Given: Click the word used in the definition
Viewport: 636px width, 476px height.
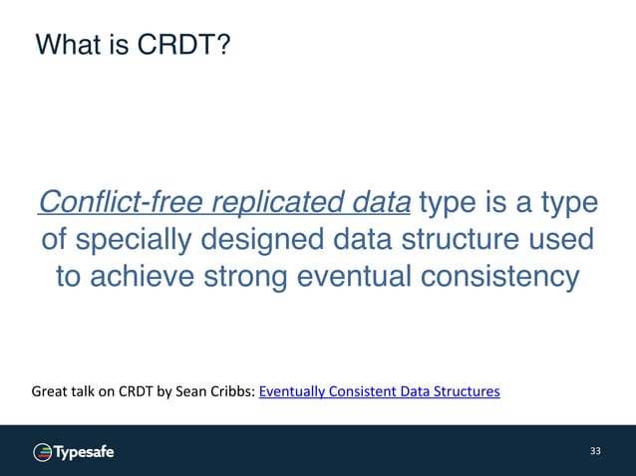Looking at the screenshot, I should point(557,240).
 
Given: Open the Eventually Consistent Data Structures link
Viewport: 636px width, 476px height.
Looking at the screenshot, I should point(379,391).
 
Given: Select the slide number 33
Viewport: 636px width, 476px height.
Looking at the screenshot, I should point(595,452).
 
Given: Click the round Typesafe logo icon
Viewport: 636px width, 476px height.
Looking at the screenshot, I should point(42,452).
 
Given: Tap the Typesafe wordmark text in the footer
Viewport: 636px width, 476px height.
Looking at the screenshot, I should point(84,452).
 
